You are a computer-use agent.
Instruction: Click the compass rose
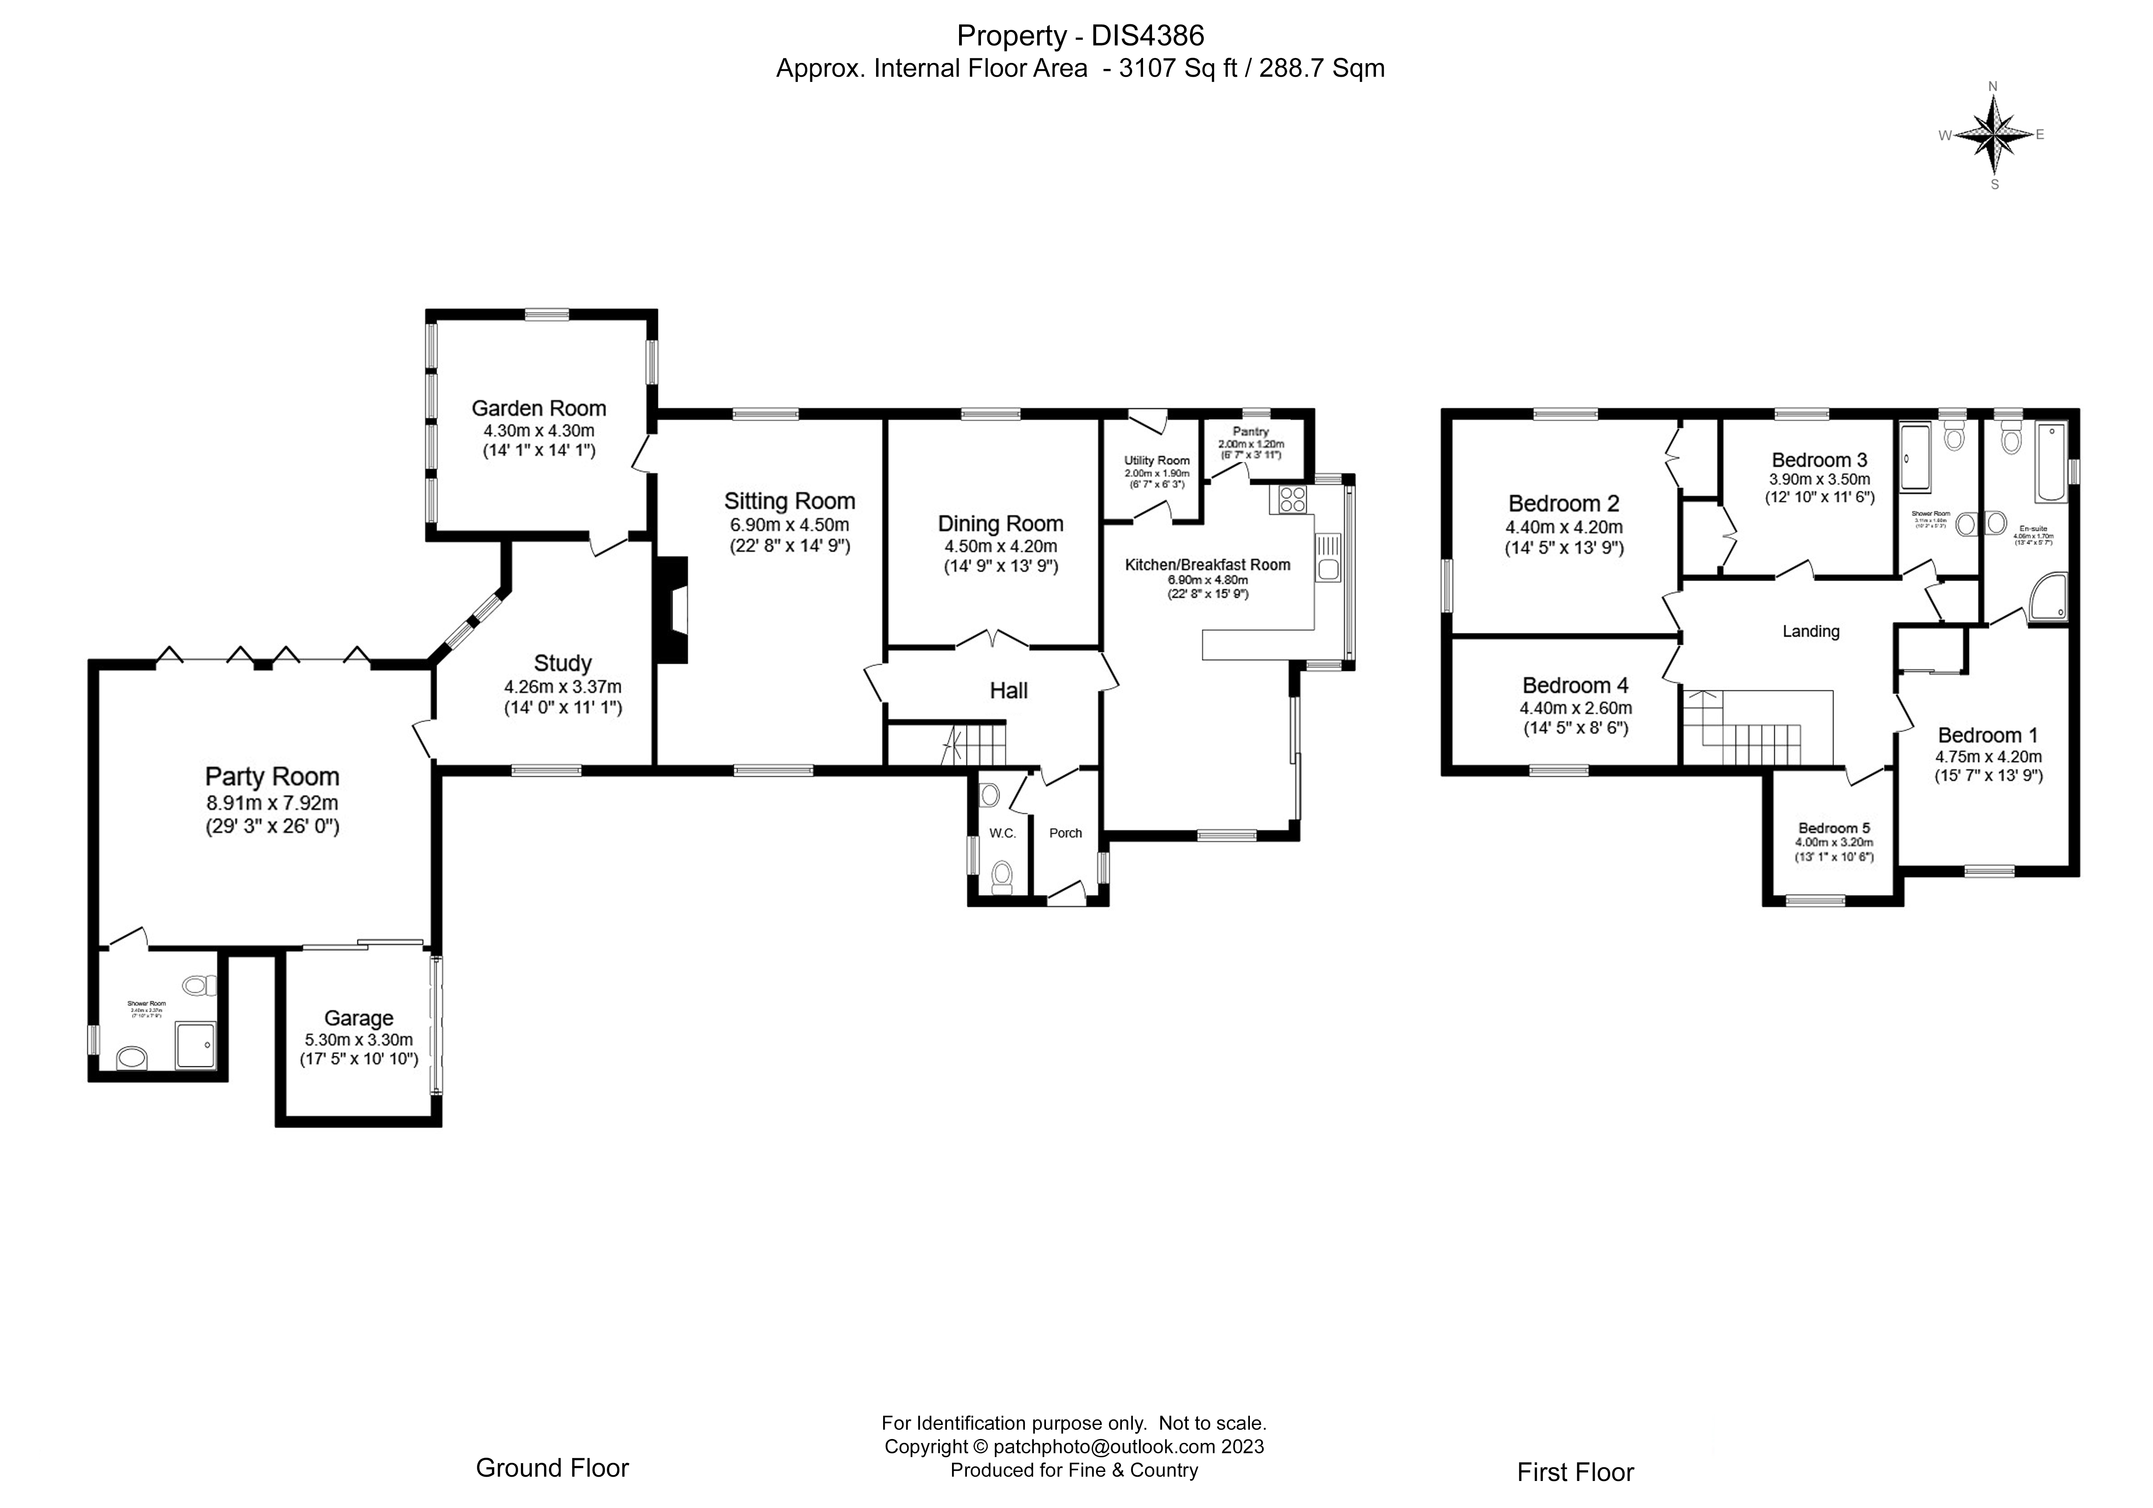coord(1993,134)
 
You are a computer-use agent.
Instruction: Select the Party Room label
coord(272,777)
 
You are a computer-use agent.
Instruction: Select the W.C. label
coord(1003,833)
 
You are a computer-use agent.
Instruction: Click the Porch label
coord(1065,833)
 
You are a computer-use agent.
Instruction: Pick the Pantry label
coord(1251,432)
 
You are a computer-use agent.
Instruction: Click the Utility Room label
coord(1157,461)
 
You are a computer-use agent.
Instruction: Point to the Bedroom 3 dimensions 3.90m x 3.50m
coord(1819,479)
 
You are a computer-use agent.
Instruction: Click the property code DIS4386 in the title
coord(1148,36)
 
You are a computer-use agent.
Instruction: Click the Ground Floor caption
coord(552,1468)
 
